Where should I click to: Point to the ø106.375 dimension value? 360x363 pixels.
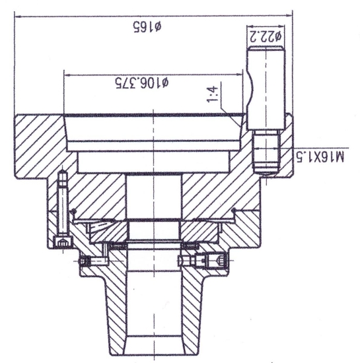(142, 84)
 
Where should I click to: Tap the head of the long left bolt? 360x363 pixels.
(61, 243)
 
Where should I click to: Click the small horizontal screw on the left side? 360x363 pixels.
(92, 263)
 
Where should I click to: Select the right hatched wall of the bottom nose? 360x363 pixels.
(192, 310)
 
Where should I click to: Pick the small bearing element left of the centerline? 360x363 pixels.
(118, 246)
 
